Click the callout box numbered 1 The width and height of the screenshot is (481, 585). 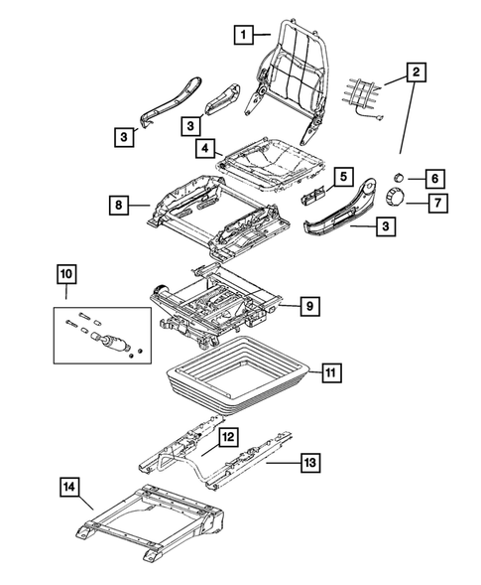[x=240, y=35]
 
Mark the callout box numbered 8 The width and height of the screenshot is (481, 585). [x=118, y=207]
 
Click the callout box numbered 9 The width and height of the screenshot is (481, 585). [x=309, y=307]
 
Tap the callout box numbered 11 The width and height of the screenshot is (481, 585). [x=330, y=374]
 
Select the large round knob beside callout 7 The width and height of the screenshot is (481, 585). [x=397, y=199]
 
